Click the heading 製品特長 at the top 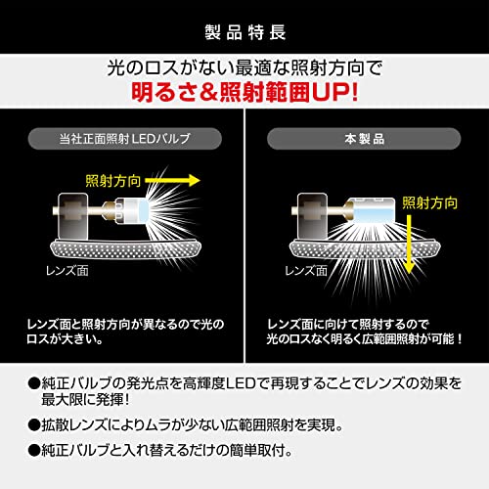(245, 32)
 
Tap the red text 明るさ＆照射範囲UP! (244, 92)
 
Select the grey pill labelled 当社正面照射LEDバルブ (125, 139)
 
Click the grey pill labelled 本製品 (364, 139)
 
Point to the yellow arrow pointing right (172, 181)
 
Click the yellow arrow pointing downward (409, 244)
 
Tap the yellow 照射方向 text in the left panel (113, 181)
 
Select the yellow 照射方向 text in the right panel (429, 203)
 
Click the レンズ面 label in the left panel (67, 271)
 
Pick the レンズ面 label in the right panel (306, 271)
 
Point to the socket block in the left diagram (72, 216)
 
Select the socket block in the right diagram (312, 216)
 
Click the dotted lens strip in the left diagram (125, 249)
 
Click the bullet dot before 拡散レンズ (33, 425)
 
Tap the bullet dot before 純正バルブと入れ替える (33, 451)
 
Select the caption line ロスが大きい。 (66, 339)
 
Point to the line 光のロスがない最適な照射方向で (244, 68)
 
